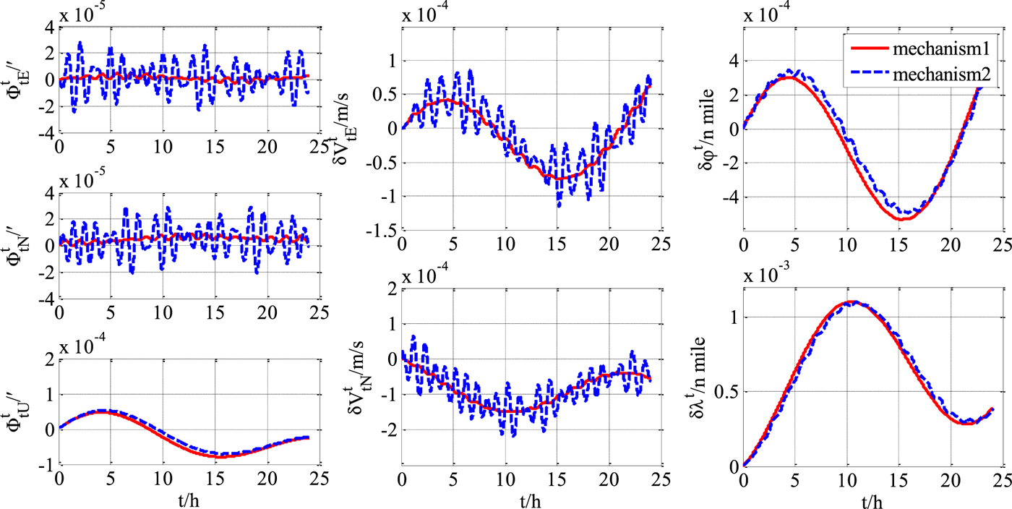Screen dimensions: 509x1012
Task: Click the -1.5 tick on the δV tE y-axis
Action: coord(381,230)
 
